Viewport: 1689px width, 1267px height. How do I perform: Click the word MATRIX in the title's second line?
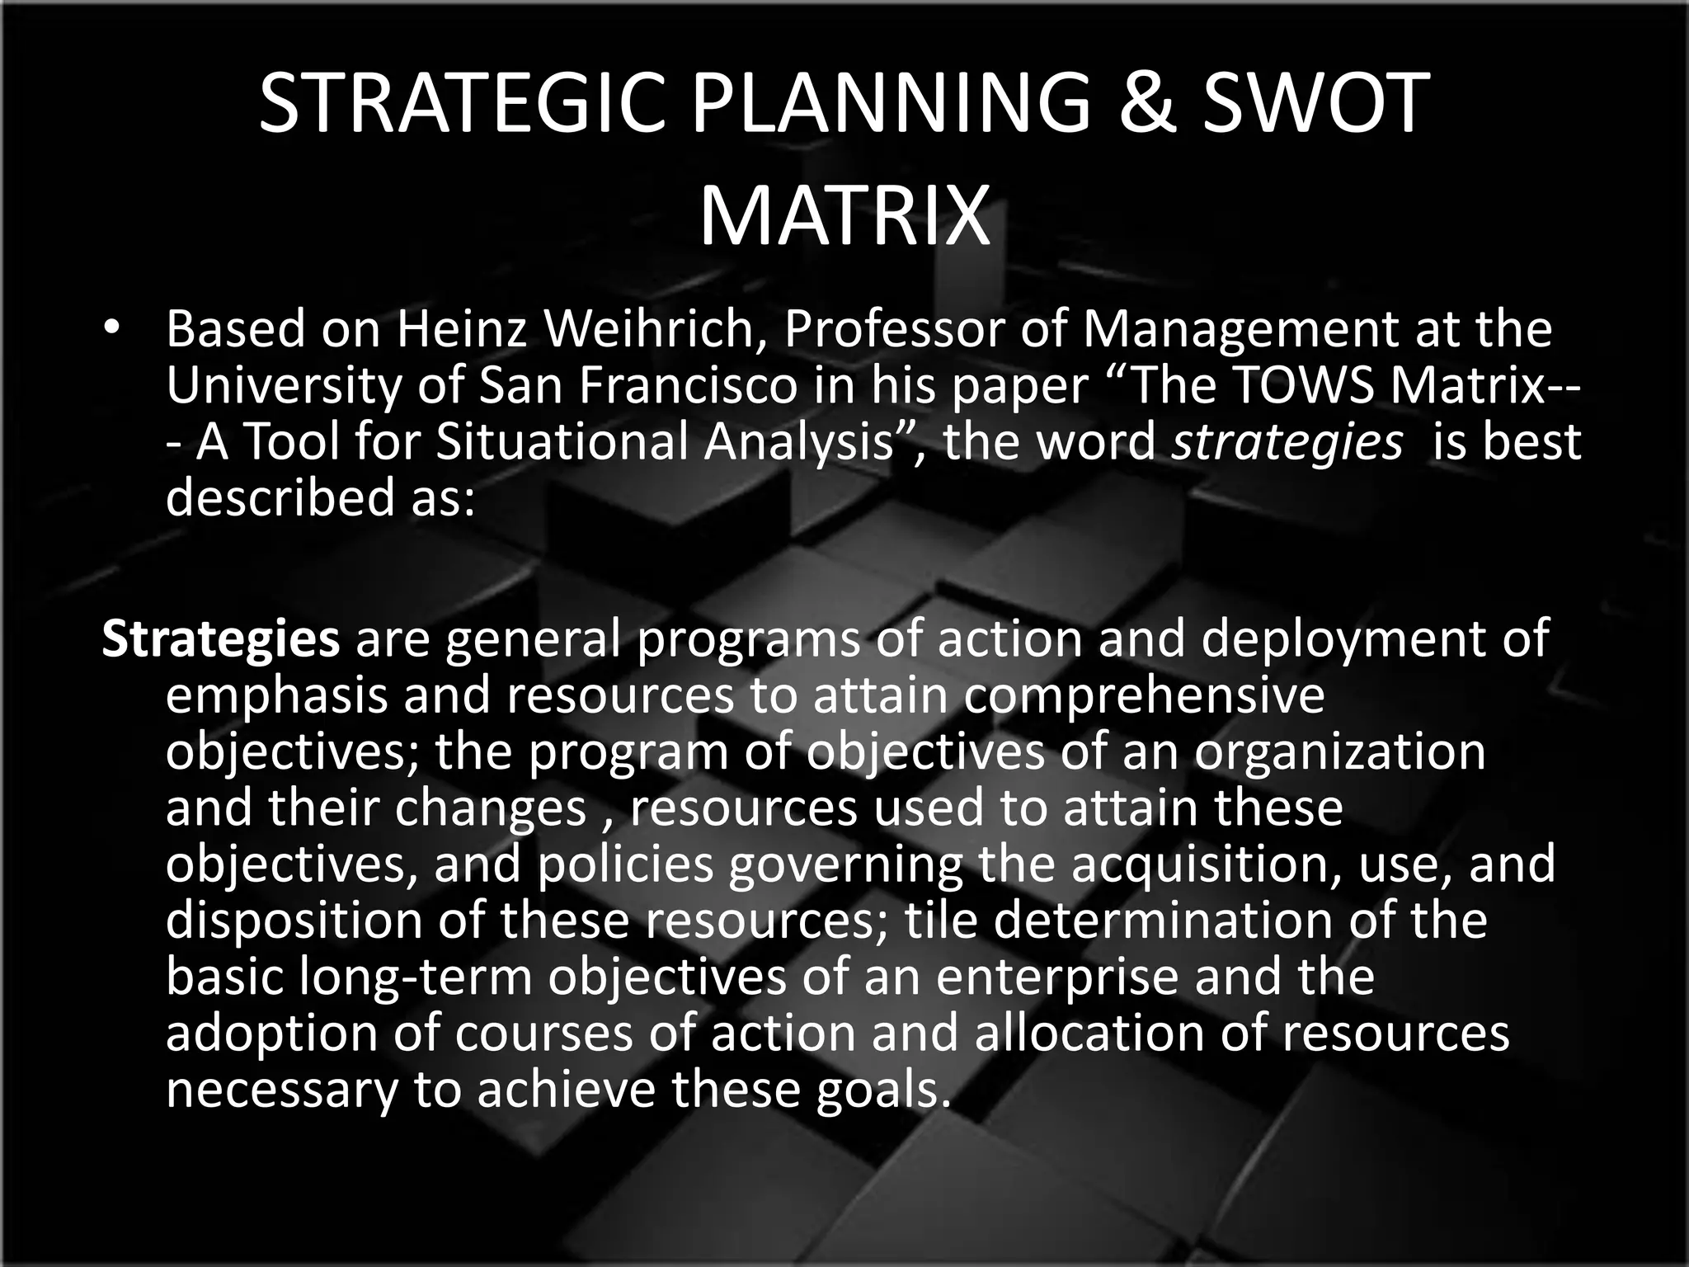coord(844,217)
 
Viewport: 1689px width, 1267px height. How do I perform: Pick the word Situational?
coord(561,441)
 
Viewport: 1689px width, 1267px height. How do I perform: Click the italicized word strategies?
coord(1287,443)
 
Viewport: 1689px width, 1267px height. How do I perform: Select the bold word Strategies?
coord(220,639)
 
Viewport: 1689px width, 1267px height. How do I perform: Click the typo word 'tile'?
coord(939,920)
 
